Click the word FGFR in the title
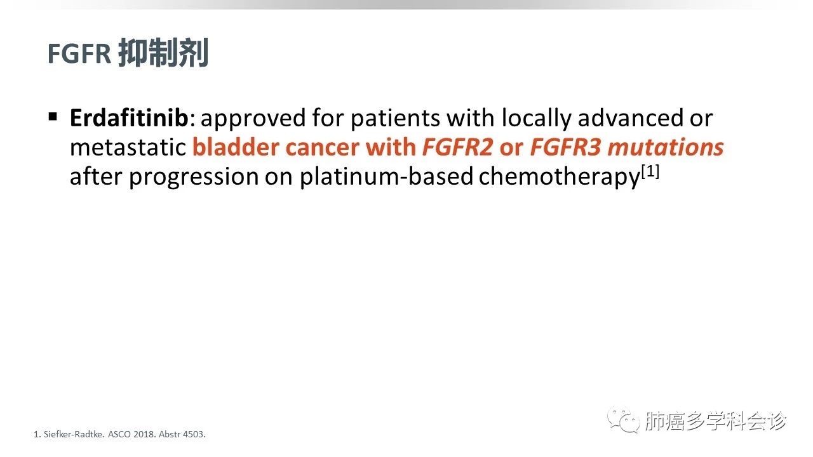pyautogui.click(x=79, y=54)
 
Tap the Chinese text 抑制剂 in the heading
pyautogui.click(x=164, y=53)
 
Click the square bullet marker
pyautogui.click(x=53, y=117)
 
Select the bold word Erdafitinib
pyautogui.click(x=129, y=117)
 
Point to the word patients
pyautogui.click(x=396, y=119)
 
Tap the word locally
pyautogui.click(x=537, y=119)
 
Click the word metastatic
pyautogui.click(x=128, y=147)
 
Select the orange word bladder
pyautogui.click(x=236, y=147)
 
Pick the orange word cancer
pyautogui.click(x=323, y=149)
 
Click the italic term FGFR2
pyautogui.click(x=458, y=147)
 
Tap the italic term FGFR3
pyautogui.click(x=565, y=147)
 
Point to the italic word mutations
pyautogui.click(x=666, y=147)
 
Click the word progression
pyautogui.click(x=194, y=177)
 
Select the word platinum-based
pyautogui.click(x=386, y=176)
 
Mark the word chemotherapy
pyautogui.click(x=560, y=176)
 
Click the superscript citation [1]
pyautogui.click(x=650, y=171)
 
